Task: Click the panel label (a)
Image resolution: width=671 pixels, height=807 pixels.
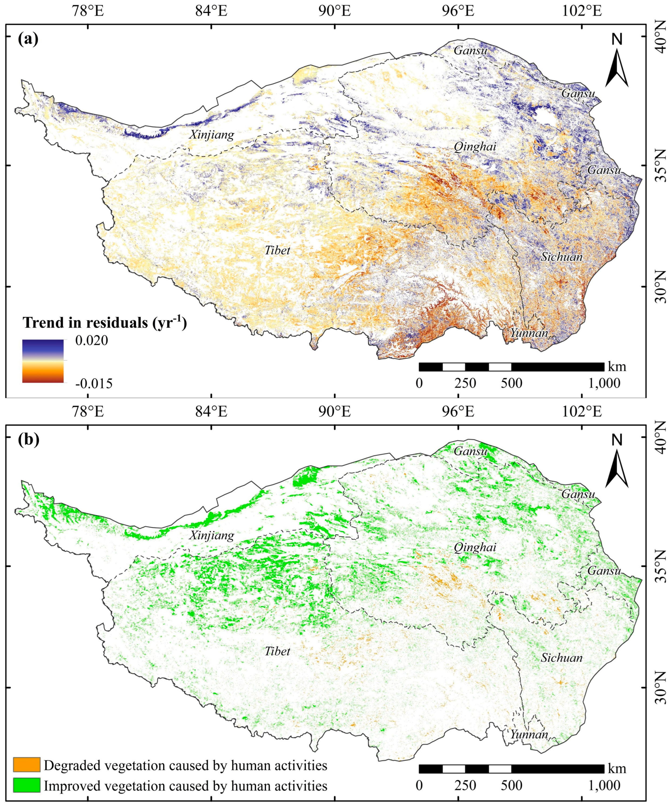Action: (x=28, y=39)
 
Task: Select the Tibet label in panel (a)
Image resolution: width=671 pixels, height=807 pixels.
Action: (x=277, y=251)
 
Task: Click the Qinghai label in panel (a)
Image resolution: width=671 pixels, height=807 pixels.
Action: (x=475, y=147)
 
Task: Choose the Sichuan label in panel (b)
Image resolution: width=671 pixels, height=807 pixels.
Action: (x=562, y=657)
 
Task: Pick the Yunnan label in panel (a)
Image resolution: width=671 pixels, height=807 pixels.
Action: (x=529, y=333)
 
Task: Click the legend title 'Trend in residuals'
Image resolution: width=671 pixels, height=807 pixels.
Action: (x=105, y=323)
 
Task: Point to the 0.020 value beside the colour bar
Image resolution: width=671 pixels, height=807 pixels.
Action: (x=91, y=340)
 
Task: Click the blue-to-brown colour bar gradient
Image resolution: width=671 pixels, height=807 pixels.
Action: (x=43, y=361)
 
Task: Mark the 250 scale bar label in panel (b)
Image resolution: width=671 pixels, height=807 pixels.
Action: (x=465, y=784)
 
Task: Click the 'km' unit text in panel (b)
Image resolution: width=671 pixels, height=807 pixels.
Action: (x=617, y=768)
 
